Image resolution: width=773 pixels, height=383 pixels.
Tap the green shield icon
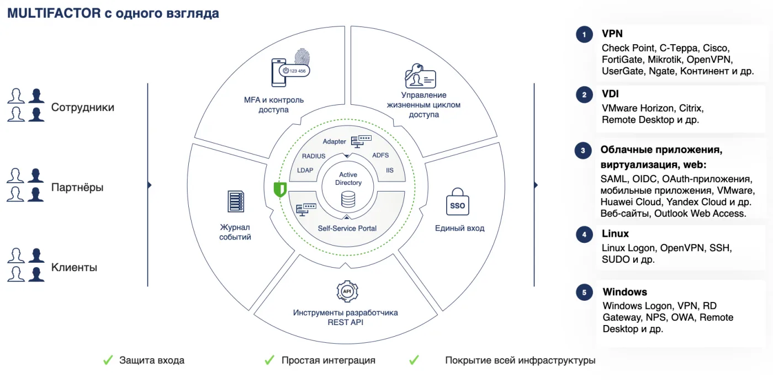point(280,189)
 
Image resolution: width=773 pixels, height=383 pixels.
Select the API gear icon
point(347,291)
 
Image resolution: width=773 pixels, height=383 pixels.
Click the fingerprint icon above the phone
point(303,57)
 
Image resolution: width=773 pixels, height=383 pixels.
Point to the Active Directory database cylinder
point(348,200)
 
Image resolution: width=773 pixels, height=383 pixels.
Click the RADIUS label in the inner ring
point(314,156)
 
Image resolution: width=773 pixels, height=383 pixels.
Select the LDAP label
point(305,171)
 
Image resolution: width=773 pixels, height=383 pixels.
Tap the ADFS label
point(380,156)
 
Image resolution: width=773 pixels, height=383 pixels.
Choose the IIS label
point(390,171)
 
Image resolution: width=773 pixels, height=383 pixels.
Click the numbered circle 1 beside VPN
point(584,35)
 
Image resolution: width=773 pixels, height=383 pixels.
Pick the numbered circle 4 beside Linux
point(584,235)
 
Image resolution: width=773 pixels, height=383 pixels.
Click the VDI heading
point(610,94)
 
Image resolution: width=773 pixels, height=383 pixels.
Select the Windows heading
point(624,292)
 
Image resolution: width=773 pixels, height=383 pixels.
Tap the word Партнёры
point(77,187)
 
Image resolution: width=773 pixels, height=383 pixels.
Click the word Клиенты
point(74,268)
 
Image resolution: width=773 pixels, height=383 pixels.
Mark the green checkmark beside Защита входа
point(108,360)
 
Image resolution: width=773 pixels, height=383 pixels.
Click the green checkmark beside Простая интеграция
point(269,360)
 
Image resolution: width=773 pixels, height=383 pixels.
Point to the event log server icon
point(236,201)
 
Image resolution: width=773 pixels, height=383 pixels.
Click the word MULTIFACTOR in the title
point(54,13)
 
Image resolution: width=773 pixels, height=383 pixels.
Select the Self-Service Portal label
point(347,228)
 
